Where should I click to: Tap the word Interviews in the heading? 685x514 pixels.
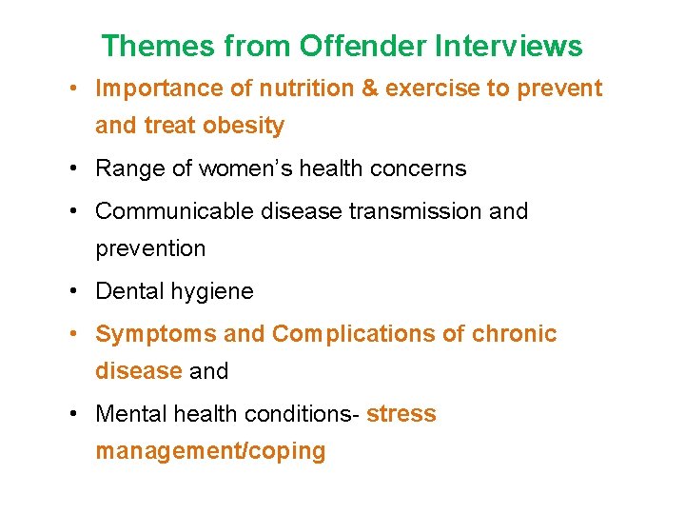(509, 46)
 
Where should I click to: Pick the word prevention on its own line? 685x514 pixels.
(150, 248)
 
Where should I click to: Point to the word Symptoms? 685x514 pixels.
(156, 334)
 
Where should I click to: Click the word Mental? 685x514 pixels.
(130, 414)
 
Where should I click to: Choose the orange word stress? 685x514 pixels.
(401, 414)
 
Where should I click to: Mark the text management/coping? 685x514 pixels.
(210, 451)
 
